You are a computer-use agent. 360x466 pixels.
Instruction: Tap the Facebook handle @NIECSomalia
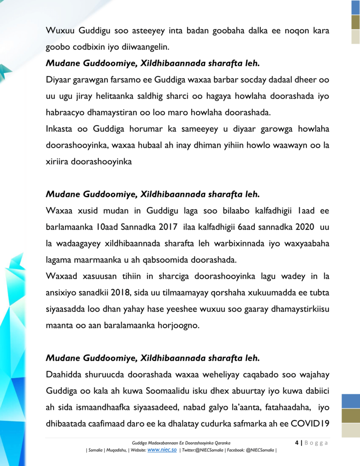click(x=260, y=450)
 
